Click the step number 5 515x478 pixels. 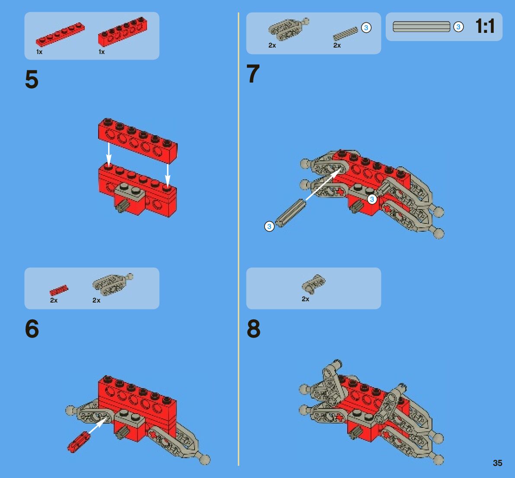[x=32, y=80]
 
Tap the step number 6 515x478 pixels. [x=32, y=328]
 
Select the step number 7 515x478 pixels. [x=253, y=73]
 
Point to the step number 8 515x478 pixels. [x=253, y=328]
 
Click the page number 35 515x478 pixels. [x=497, y=463]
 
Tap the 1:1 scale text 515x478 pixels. [x=485, y=26]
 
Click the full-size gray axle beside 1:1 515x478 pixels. [x=422, y=27]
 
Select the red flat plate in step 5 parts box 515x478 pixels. [x=60, y=34]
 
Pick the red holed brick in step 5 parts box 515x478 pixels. [x=122, y=32]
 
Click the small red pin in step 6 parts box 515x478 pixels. [x=59, y=290]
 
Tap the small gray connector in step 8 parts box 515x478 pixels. [x=313, y=284]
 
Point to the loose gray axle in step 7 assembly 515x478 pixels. [x=291, y=213]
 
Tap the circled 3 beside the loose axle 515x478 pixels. [x=269, y=226]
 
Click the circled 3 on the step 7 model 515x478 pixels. [x=372, y=199]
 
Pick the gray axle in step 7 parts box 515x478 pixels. [x=345, y=34]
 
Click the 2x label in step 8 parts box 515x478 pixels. [x=305, y=299]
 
